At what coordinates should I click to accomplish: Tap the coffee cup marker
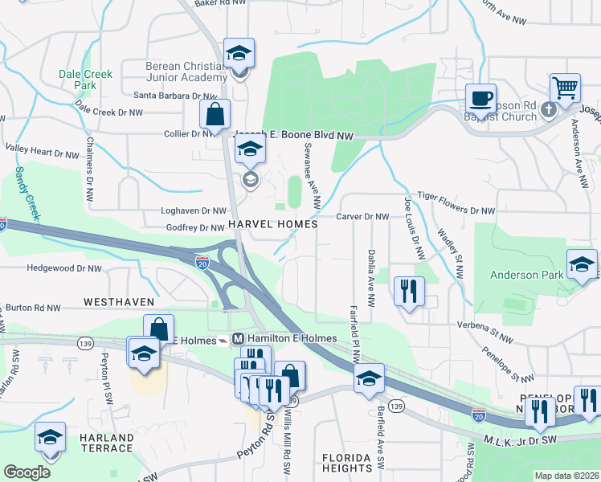(480, 100)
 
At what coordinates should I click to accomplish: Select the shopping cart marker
(566, 88)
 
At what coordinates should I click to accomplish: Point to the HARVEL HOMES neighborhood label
(273, 224)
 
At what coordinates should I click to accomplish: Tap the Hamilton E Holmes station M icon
(238, 338)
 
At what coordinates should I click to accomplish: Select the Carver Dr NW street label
(362, 217)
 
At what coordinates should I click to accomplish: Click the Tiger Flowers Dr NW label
(455, 210)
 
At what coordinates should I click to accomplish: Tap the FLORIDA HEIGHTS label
(346, 462)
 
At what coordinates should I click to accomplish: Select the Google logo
(27, 472)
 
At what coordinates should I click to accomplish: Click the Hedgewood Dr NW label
(64, 268)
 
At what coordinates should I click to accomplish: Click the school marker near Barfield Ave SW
(369, 378)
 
